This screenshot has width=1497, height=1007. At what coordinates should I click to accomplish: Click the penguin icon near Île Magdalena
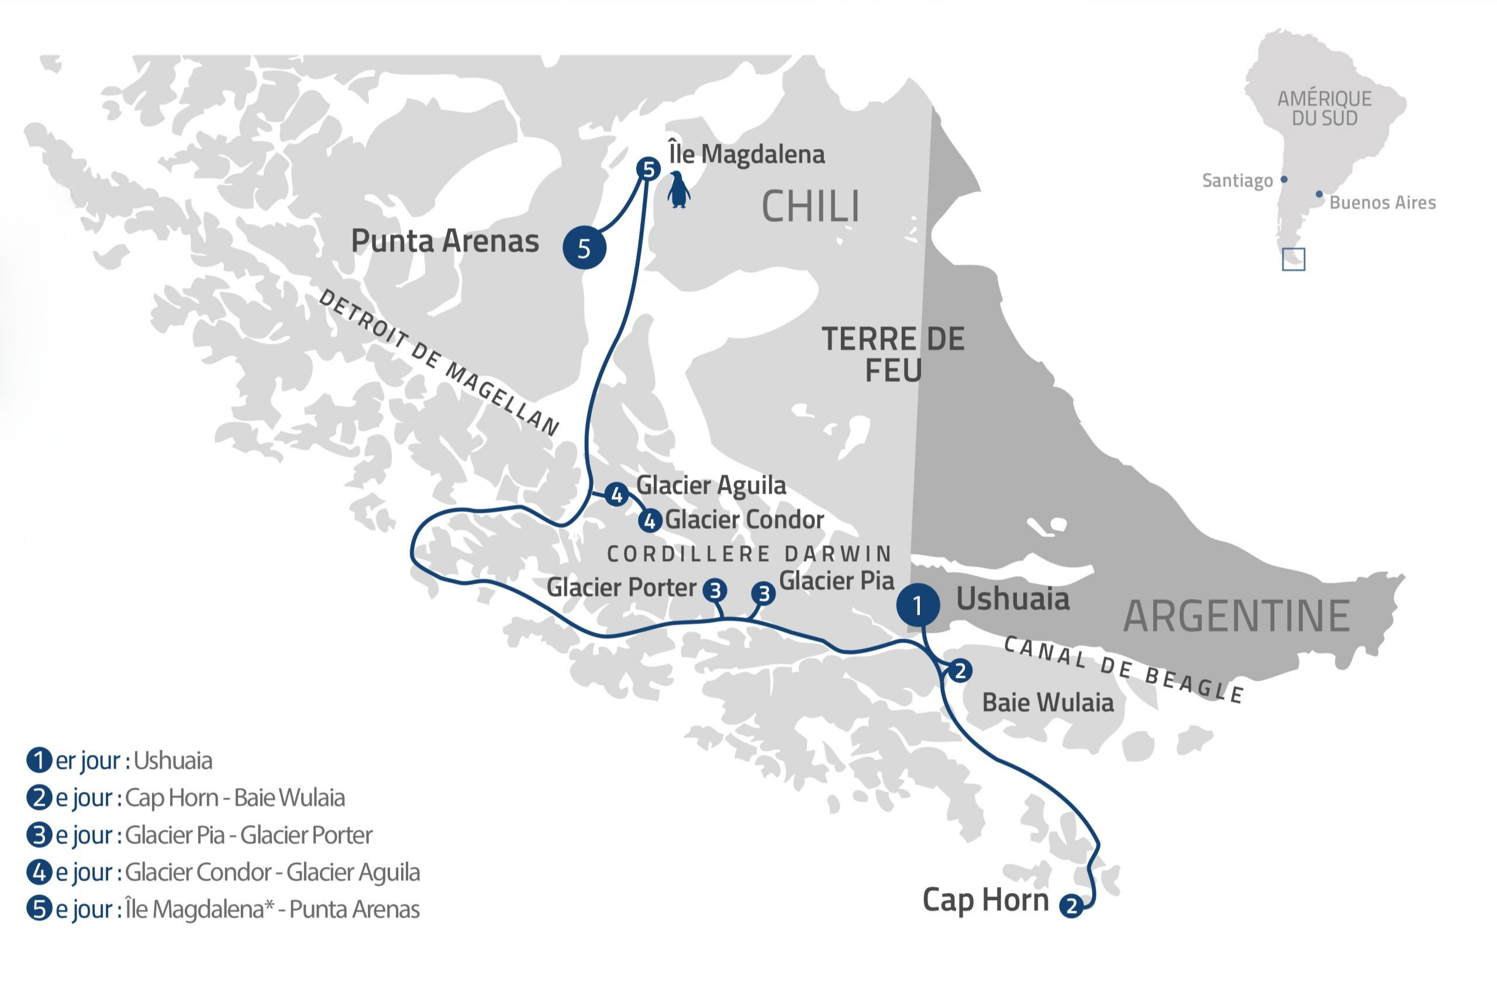click(x=678, y=190)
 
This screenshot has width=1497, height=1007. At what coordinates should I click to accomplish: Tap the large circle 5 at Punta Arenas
click(x=584, y=247)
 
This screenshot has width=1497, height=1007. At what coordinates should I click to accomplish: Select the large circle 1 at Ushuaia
click(x=918, y=605)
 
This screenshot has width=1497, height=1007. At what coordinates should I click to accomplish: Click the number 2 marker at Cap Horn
click(x=1071, y=906)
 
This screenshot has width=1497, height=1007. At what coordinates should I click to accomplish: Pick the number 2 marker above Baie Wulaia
click(x=960, y=671)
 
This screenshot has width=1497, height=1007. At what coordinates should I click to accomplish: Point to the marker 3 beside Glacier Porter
click(x=715, y=590)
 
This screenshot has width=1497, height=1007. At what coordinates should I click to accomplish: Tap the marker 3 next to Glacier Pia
click(x=763, y=593)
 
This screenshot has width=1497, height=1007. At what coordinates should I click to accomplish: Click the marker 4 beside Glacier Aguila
click(x=617, y=494)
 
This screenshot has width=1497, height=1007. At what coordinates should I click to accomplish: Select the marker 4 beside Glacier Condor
click(x=650, y=521)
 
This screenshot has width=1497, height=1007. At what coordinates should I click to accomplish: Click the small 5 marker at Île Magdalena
click(x=649, y=169)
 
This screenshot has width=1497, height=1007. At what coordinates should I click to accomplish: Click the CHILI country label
click(x=810, y=207)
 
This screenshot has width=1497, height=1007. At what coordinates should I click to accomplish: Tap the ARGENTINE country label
click(x=1236, y=616)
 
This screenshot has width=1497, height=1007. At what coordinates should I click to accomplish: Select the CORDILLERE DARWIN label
click(x=749, y=553)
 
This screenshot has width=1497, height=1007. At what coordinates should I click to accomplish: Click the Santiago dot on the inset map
click(x=1284, y=180)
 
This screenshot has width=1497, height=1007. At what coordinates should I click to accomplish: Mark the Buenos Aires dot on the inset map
click(x=1319, y=194)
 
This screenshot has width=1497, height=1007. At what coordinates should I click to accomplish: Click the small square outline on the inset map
click(x=1294, y=259)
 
